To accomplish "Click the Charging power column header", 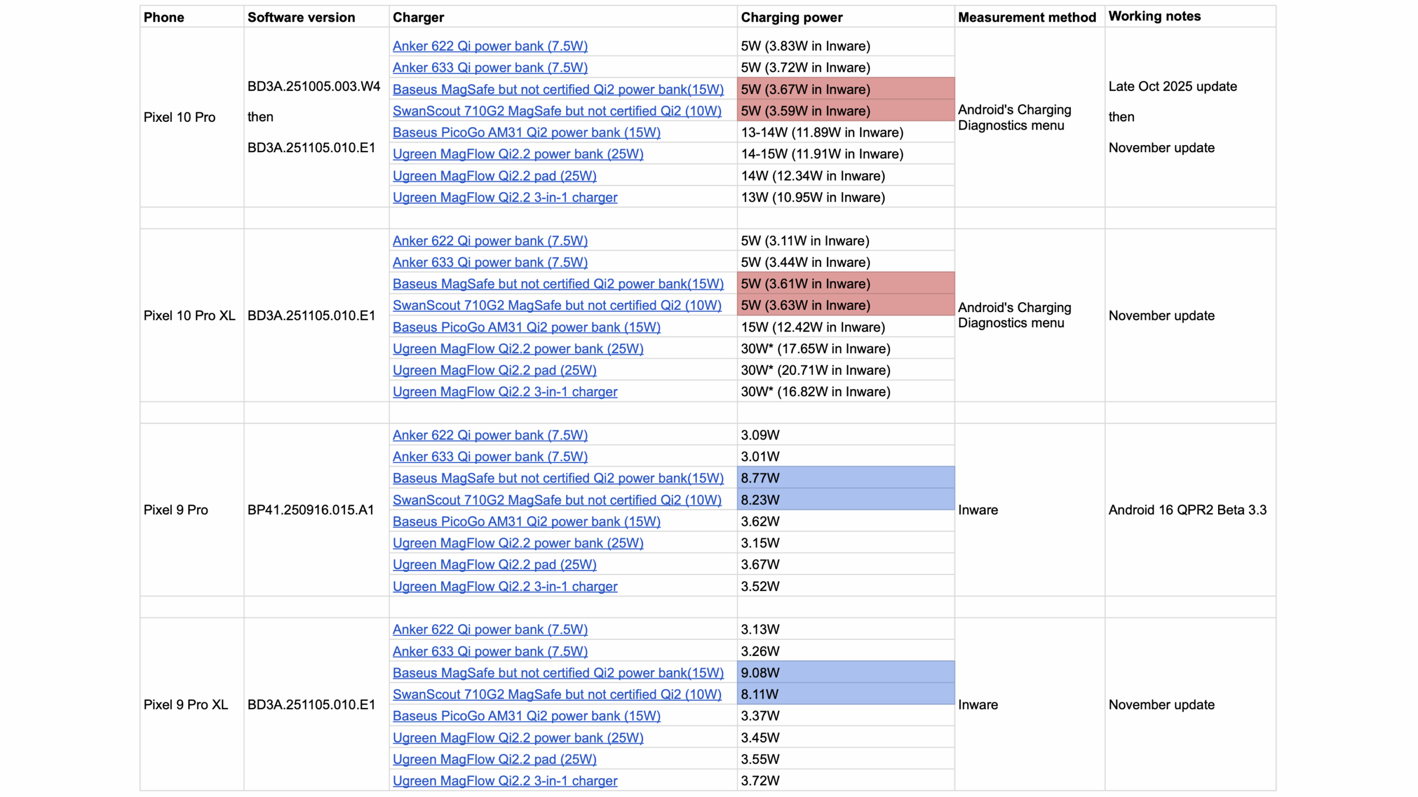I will (791, 17).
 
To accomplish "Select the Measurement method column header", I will (1026, 17).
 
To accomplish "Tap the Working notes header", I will (1154, 16).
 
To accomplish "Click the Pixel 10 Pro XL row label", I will (189, 315).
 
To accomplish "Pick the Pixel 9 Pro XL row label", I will (186, 705).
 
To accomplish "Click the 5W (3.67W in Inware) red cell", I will (805, 89).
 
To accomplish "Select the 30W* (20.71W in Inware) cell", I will (815, 370).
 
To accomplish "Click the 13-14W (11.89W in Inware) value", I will (822, 132).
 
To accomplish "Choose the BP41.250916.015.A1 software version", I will (310, 510).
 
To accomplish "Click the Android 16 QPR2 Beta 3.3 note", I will (1187, 510).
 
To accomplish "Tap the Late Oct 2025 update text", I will (1173, 86).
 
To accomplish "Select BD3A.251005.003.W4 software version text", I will (314, 86).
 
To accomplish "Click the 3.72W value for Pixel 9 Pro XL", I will (760, 780).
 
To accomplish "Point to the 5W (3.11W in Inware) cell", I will (805, 241).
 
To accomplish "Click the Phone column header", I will (163, 17).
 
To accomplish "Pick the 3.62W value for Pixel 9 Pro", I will (760, 521).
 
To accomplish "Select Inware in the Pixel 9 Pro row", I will (978, 510).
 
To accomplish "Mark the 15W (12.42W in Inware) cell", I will (813, 327).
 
